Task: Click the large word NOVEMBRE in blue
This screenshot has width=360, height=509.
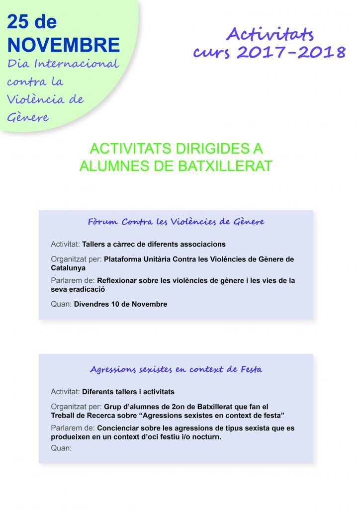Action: pos(64,45)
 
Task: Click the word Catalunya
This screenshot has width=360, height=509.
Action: pos(68,268)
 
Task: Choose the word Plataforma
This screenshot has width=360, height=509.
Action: pos(124,259)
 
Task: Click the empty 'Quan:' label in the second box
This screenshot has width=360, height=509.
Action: pos(61,448)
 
